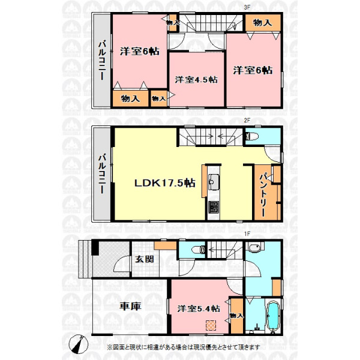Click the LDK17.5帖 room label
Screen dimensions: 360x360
click(164, 183)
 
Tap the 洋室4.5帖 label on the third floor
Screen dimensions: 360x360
click(196, 80)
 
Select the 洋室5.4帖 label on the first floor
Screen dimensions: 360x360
click(199, 308)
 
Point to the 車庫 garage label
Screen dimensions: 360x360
click(130, 306)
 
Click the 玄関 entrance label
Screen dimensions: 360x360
click(144, 259)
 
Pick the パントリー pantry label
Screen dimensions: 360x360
click(263, 195)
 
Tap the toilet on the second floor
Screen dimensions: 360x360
click(252, 137)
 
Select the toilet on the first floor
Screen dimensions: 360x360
click(198, 250)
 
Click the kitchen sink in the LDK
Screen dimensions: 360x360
click(214, 182)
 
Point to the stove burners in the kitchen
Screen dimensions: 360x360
click(214, 207)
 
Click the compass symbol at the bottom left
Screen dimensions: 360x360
click(79, 344)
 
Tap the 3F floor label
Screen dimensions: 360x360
click(247, 7)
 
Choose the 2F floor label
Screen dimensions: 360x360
click(247, 121)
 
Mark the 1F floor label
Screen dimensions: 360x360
click(247, 234)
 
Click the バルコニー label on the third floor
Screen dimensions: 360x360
click(102, 60)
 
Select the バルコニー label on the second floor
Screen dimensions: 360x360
click(102, 174)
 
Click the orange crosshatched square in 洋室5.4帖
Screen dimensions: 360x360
click(211, 325)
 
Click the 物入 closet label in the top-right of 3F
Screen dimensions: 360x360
click(262, 23)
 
